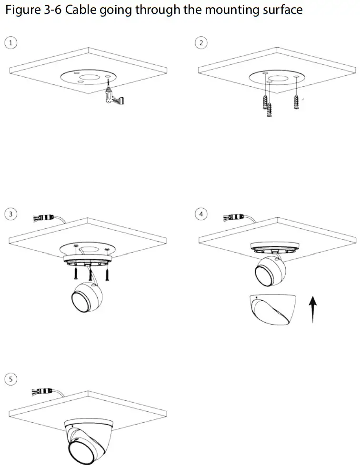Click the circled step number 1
click(x=10, y=42)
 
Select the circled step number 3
click(x=10, y=214)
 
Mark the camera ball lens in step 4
click(x=264, y=274)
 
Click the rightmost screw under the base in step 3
click(x=108, y=274)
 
